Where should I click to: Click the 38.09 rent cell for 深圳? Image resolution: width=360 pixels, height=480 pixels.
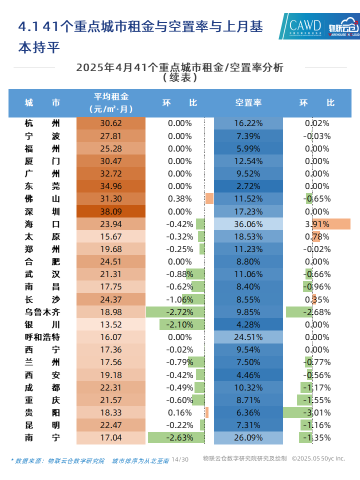(x=111, y=211)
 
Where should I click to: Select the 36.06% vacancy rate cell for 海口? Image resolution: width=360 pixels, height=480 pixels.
(x=248, y=224)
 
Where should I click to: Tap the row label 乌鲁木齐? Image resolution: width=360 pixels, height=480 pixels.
(x=42, y=312)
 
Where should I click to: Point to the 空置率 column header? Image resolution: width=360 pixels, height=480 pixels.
(x=248, y=103)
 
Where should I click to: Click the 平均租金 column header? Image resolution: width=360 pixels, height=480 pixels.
(x=111, y=102)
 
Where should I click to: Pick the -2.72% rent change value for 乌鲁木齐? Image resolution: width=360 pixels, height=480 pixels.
(x=179, y=312)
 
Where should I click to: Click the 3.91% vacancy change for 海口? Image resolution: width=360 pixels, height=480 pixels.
(x=317, y=224)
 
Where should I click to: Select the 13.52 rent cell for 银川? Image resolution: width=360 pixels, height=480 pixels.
(x=111, y=324)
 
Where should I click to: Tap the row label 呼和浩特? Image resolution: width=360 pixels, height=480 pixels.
(x=42, y=337)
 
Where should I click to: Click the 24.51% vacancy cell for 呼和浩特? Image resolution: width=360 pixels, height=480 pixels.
(x=248, y=337)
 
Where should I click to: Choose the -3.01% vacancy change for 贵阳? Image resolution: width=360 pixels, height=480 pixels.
(x=317, y=412)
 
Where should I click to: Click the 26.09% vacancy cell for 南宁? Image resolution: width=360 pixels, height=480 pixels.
(x=248, y=437)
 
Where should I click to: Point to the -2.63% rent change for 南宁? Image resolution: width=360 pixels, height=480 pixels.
(x=179, y=437)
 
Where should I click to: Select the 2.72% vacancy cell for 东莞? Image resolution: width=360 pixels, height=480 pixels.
(x=248, y=186)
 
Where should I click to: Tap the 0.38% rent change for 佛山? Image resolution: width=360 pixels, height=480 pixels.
(x=179, y=199)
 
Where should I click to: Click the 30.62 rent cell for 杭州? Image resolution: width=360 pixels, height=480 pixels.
(x=111, y=123)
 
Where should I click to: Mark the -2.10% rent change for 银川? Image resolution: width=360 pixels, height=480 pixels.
(x=179, y=324)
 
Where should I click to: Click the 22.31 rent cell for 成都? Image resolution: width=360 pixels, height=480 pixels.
(x=111, y=387)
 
